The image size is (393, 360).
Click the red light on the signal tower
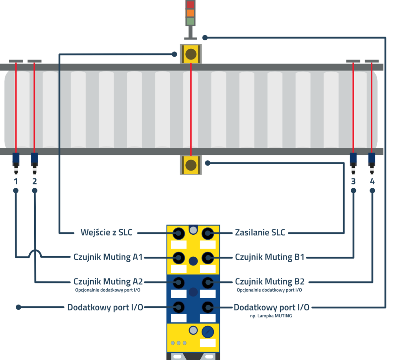click(x=190, y=5)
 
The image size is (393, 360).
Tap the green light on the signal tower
click(x=190, y=21)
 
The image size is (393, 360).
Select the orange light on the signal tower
click(x=190, y=13)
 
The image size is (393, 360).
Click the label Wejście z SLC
click(x=106, y=232)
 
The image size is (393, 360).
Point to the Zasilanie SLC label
click(x=260, y=232)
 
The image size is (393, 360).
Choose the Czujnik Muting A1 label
click(x=108, y=257)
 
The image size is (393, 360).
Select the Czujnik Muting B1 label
click(x=269, y=257)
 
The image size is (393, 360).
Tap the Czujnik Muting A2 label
click(x=108, y=282)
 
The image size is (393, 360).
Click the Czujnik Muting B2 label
click(x=269, y=282)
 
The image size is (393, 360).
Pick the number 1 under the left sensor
click(x=16, y=181)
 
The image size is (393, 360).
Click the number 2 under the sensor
click(x=35, y=181)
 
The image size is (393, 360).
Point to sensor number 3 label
click(x=353, y=181)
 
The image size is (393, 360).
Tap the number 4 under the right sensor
click(x=372, y=181)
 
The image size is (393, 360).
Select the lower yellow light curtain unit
click(x=191, y=165)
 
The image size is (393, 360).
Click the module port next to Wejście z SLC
click(x=178, y=233)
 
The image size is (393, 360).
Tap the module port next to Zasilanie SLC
click(x=208, y=233)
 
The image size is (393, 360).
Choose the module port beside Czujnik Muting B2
click(x=208, y=282)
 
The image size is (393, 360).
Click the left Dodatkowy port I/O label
click(x=105, y=307)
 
